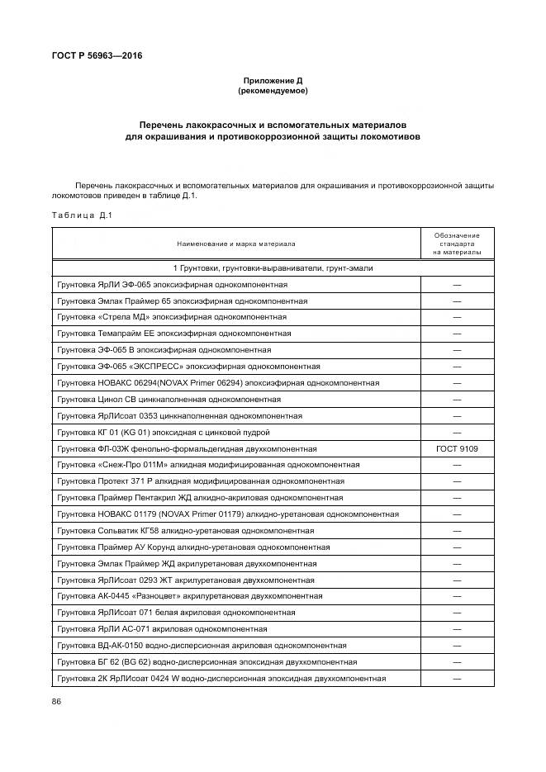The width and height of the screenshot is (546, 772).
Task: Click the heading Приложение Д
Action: [273, 80]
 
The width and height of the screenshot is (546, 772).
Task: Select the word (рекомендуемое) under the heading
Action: [273, 91]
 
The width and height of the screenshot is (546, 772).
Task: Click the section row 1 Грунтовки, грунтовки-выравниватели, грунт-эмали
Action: [273, 268]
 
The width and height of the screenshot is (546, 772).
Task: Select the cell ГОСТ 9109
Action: [457, 448]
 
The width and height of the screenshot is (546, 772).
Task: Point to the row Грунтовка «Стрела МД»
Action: [172, 317]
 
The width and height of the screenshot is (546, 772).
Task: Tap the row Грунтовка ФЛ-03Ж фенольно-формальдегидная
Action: [187, 448]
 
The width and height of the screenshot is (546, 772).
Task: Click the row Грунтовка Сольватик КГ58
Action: [185, 530]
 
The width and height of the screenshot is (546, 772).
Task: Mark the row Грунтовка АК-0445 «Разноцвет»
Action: [189, 595]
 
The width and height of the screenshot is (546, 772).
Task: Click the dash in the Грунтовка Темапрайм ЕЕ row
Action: [457, 334]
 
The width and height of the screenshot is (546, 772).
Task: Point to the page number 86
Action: [57, 701]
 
